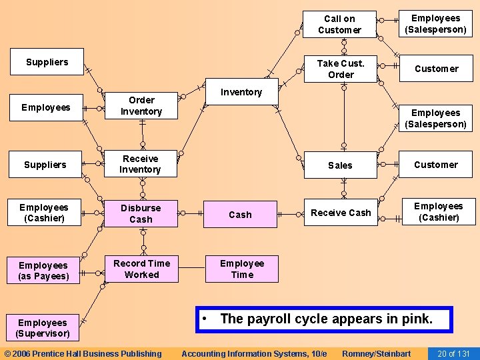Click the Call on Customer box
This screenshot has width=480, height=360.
point(339,25)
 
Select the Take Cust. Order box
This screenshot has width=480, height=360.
point(341,69)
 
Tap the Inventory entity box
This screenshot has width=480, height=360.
point(241,92)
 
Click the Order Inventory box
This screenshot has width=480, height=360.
point(141,106)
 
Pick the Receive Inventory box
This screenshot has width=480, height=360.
point(140,164)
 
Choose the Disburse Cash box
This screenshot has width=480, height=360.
point(141,213)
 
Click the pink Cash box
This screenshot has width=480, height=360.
point(240,215)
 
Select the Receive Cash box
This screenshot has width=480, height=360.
point(341,213)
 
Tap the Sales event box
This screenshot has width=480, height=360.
point(340,165)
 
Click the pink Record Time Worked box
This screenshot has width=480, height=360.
point(141,269)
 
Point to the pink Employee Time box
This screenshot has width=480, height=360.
point(241,269)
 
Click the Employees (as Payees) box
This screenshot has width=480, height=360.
point(43,271)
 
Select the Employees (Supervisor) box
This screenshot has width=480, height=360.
point(43,328)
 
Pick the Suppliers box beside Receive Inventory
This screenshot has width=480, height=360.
point(45,165)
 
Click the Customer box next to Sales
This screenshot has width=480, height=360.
point(436,165)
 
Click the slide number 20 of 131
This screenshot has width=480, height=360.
point(453,353)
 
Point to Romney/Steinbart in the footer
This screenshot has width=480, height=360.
point(376,353)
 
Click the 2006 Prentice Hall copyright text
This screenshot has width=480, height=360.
point(83,353)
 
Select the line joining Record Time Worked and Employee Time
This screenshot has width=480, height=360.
point(190,269)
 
